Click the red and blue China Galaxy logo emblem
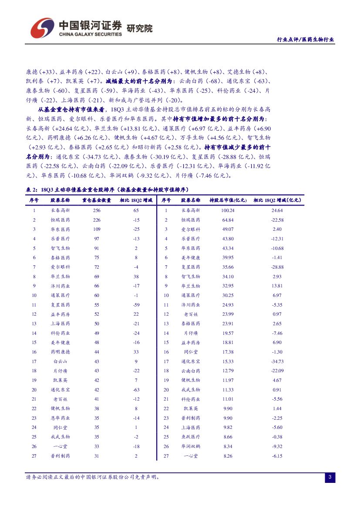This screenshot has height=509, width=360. (x=42, y=28)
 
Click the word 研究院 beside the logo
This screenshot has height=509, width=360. (x=139, y=29)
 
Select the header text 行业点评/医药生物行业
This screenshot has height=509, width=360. (x=306, y=39)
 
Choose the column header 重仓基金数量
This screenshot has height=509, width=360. (x=96, y=200)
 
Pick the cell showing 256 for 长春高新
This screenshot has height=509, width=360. (x=97, y=210)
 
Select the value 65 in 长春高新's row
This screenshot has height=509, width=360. (x=136, y=210)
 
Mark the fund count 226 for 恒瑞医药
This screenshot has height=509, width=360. (x=97, y=220)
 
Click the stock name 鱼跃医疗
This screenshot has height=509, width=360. (x=191, y=437)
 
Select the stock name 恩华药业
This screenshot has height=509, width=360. (x=60, y=418)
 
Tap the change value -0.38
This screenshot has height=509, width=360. (x=277, y=437)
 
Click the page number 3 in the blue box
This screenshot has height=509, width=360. (x=330, y=478)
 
